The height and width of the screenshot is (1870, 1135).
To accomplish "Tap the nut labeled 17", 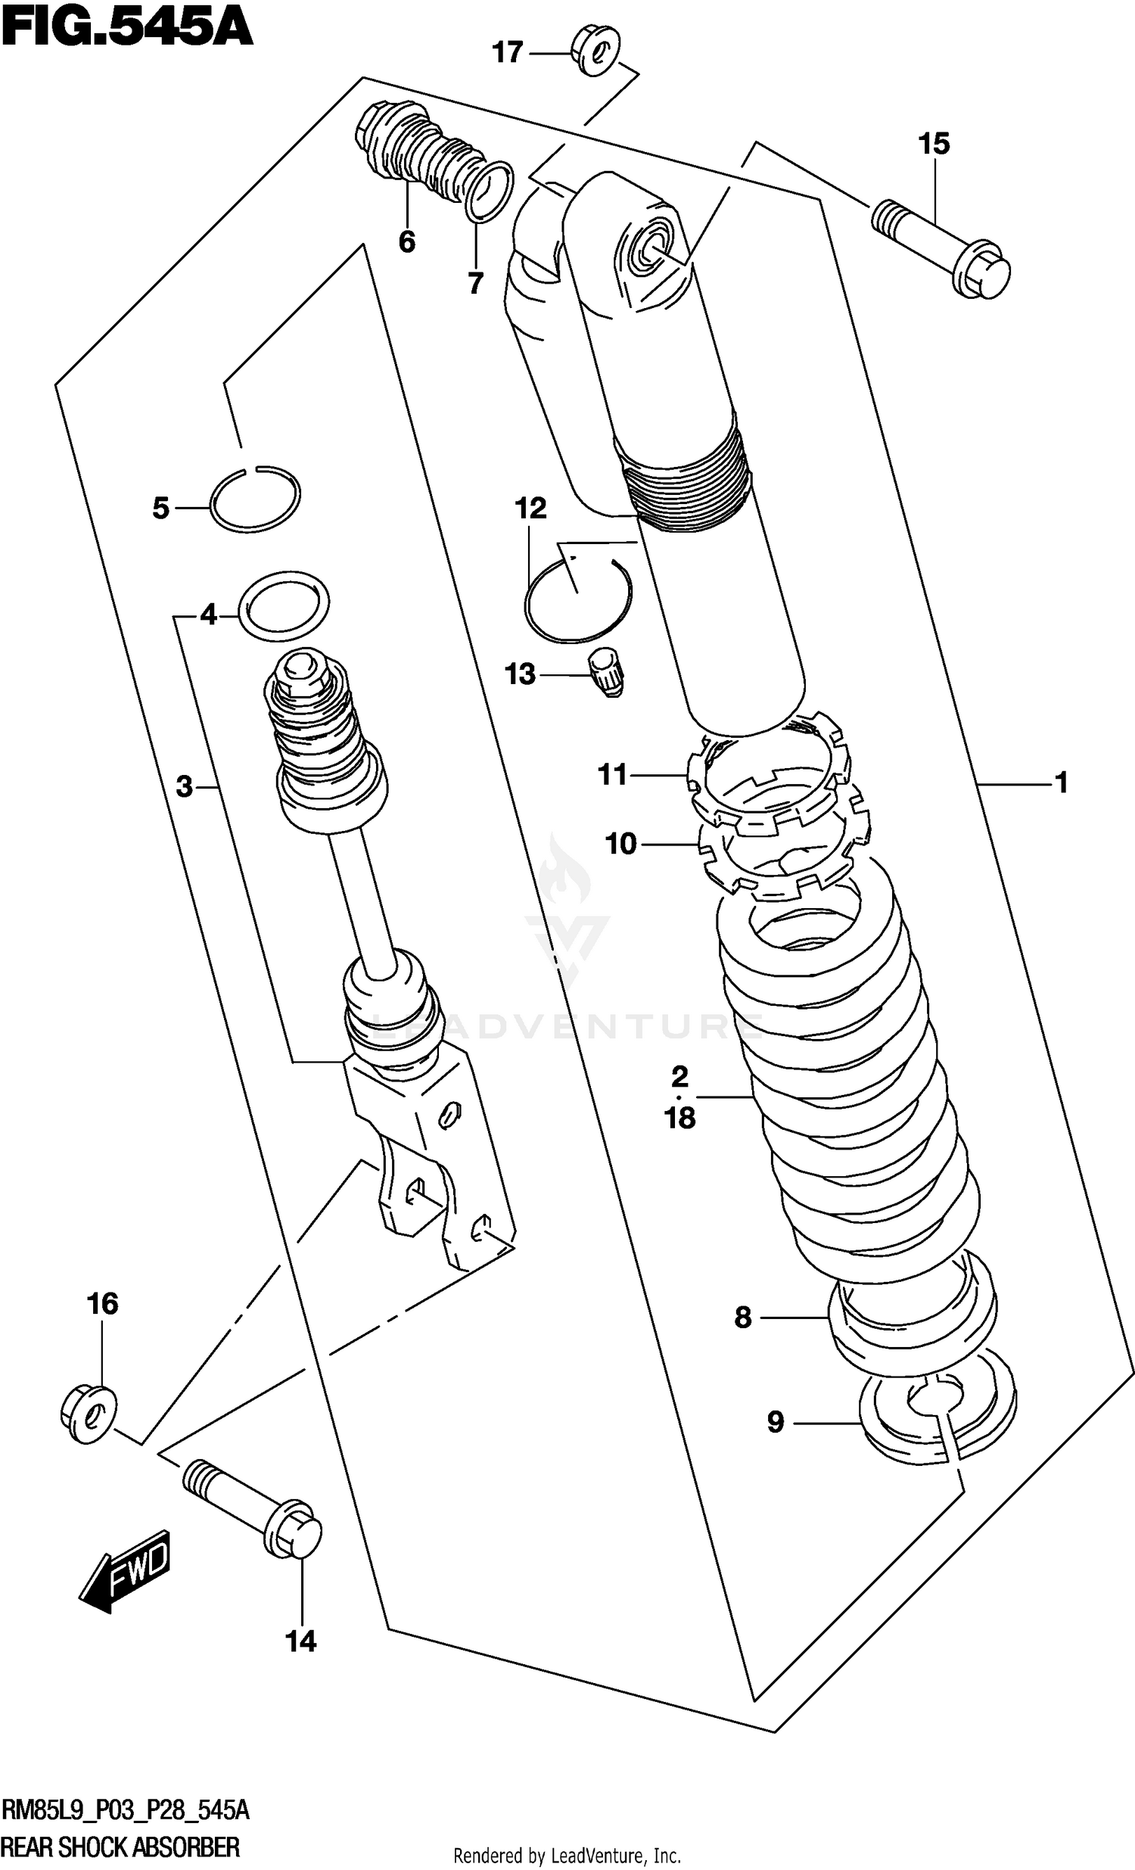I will pos(595,51).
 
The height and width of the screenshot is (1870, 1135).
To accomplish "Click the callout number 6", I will pos(406,242).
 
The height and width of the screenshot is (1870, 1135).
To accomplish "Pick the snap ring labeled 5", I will pos(255,499).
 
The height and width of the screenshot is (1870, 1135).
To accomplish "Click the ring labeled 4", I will pos(285,607).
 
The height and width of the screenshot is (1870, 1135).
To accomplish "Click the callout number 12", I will pos(530,508).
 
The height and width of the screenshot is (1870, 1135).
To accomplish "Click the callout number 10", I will pos(621,843).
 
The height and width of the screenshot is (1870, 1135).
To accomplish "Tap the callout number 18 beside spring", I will pos(679,1117).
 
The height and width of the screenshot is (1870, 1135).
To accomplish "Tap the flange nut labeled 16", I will pos(88,1414).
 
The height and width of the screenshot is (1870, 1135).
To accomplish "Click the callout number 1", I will pos(1061,782).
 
